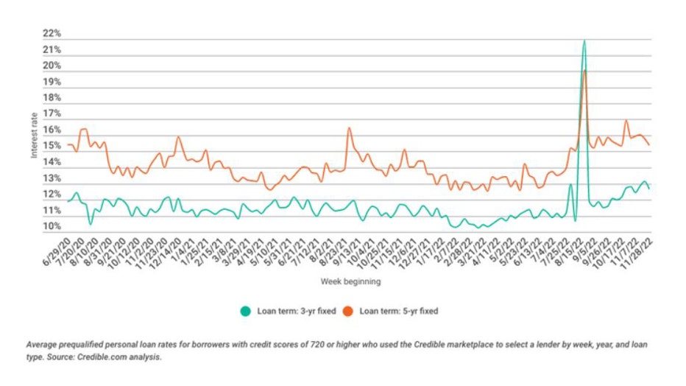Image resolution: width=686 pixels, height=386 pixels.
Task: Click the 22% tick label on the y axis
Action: pos(52,34)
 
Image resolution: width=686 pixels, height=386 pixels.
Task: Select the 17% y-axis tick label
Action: pos(52,114)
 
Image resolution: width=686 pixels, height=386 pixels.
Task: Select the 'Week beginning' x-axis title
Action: pos(350,281)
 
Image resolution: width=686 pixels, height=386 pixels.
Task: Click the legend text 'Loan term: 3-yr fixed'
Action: pos(292,311)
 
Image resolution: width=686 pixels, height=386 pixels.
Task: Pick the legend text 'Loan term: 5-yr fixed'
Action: pos(398,311)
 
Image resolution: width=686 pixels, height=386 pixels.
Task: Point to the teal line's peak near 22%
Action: pos(584,41)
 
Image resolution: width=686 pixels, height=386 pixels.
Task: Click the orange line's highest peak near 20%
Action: pos(584,71)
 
